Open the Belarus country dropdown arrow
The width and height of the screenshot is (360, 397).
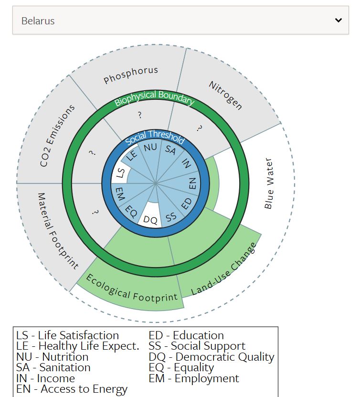click(338, 20)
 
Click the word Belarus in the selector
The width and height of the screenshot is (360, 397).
click(38, 21)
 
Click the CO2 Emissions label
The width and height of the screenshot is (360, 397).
click(57, 136)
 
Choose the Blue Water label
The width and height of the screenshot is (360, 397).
click(269, 183)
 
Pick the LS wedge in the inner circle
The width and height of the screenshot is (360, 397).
click(121, 172)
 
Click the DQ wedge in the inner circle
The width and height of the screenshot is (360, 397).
click(150, 220)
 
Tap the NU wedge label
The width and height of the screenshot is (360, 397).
click(150, 147)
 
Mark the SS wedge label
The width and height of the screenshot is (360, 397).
click(170, 216)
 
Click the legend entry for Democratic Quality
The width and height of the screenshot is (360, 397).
click(212, 357)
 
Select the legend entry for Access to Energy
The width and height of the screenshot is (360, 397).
click(72, 389)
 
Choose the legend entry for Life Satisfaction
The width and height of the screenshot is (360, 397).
click(67, 335)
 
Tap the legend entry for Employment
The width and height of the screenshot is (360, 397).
click(194, 378)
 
